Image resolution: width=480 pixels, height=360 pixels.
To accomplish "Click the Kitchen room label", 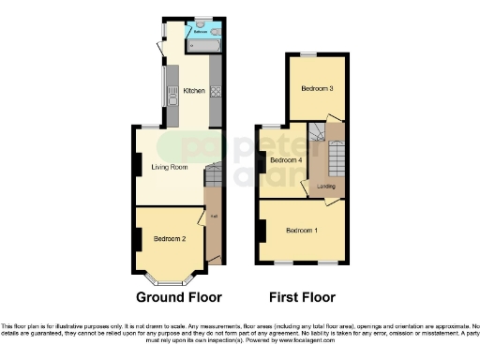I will [194, 91].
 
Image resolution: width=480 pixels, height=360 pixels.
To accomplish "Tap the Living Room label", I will [170, 167].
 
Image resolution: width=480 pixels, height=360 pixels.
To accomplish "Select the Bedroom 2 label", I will [170, 239].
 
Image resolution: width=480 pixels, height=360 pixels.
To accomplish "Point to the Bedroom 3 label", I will [316, 89].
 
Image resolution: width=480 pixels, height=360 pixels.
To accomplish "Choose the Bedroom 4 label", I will [285, 160].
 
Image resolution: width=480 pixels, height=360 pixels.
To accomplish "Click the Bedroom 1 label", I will [301, 230].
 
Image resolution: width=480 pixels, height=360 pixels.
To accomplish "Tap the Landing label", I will [326, 186].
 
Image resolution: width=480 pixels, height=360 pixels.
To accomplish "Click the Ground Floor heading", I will [179, 298].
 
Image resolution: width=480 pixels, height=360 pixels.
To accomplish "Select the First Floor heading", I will [302, 298].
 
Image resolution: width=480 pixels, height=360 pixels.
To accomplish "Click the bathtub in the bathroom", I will [204, 44].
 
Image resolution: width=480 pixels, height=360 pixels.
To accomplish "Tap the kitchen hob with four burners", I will [216, 92].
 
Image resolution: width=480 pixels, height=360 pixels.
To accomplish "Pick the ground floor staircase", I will [212, 174].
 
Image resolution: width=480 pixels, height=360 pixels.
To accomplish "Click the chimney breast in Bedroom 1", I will [260, 229].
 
